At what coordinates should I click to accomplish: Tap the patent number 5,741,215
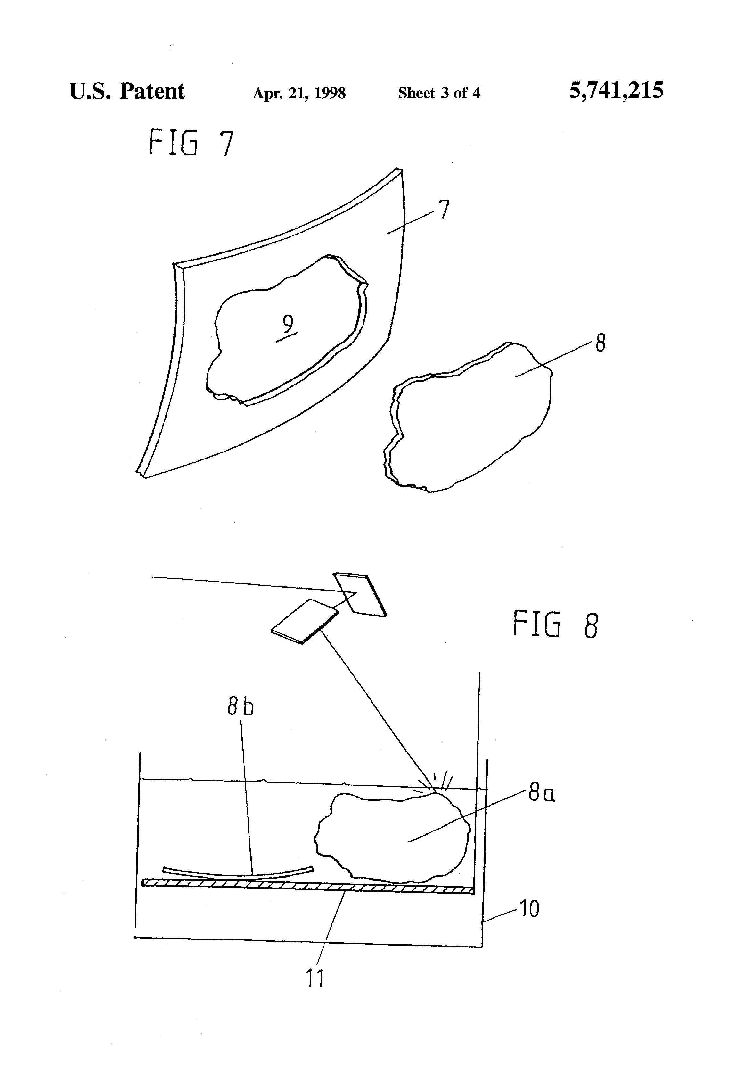point(616,90)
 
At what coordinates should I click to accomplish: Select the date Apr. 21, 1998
point(299,93)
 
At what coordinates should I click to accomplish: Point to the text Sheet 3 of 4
point(439,93)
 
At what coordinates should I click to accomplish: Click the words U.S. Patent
point(127,91)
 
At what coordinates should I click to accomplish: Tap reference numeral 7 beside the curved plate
point(444,210)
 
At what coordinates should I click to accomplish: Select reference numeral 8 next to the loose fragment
point(600,343)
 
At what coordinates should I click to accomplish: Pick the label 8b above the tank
point(240,706)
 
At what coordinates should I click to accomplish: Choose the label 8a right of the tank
point(542,794)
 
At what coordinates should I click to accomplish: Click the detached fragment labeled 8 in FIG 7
point(469,418)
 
